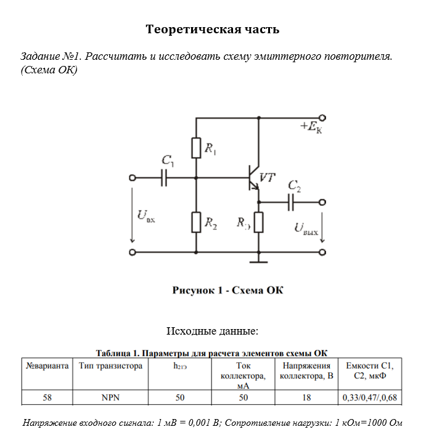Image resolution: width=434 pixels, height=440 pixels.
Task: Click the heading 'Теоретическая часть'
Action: (x=212, y=30)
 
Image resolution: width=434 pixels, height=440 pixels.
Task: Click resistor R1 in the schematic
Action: (x=196, y=148)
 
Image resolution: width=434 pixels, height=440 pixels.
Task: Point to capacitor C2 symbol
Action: (x=292, y=201)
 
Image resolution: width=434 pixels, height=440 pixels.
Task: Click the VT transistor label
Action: (x=268, y=177)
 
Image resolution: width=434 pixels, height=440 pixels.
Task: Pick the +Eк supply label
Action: (x=311, y=128)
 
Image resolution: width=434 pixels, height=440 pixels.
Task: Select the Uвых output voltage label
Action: (x=306, y=229)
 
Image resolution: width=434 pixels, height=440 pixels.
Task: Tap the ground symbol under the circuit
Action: (x=258, y=261)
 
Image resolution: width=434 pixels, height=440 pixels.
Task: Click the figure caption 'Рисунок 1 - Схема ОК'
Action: (x=227, y=290)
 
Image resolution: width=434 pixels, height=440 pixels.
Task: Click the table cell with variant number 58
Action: (x=47, y=397)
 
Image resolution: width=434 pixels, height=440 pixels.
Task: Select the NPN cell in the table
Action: (x=110, y=397)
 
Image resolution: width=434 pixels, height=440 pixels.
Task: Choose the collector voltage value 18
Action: (x=306, y=397)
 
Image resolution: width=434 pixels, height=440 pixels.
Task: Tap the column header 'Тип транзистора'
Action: (x=110, y=365)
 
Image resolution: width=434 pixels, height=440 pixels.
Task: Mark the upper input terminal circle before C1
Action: (x=132, y=178)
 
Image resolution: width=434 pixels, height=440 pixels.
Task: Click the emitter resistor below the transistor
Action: (x=258, y=222)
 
